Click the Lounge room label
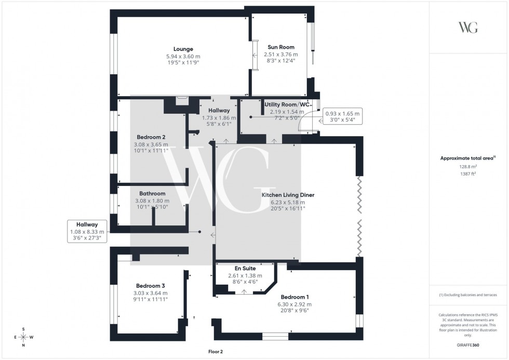click(183, 49)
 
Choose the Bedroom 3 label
click(151, 286)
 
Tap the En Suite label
click(245, 269)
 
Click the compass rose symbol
click(23, 337)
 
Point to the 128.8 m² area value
click(468, 167)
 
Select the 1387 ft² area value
click(468, 174)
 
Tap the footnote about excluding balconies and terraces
click(468, 295)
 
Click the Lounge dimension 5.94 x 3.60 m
click(183, 56)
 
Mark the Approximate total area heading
click(468, 158)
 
